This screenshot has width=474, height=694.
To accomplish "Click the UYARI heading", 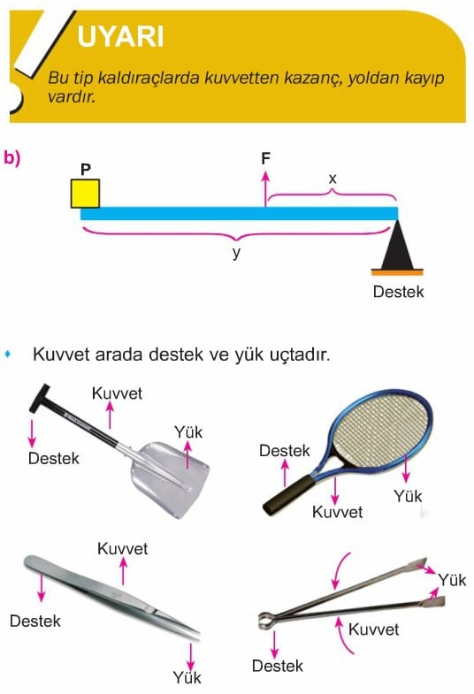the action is (120, 36).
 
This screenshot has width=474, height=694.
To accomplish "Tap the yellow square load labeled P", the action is (86, 194).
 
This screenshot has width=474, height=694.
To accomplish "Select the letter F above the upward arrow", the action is (265, 158).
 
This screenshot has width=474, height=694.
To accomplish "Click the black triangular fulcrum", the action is (397, 245).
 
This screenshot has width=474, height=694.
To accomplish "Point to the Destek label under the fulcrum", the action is (398, 292).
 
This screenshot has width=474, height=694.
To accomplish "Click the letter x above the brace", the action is (333, 179).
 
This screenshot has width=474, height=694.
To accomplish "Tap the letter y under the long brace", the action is (237, 253).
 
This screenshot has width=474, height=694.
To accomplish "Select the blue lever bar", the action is (239, 213).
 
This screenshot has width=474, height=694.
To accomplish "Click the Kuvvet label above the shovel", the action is (117, 393).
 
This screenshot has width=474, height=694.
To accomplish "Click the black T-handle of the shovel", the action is (40, 398).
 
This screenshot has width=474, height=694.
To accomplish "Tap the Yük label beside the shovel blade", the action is (188, 432).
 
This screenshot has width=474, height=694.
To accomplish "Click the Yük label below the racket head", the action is (408, 496).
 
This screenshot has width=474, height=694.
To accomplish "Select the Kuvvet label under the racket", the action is (337, 512).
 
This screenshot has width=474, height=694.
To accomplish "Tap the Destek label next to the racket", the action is (285, 451).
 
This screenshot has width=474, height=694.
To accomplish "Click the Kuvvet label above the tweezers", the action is (123, 549).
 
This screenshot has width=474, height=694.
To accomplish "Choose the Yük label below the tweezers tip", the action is (187, 677).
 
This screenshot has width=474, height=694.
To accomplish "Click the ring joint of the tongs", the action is (265, 620).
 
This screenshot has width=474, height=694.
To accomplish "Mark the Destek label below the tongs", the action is (278, 666).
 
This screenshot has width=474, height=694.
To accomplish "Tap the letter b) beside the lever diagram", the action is (12, 157).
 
